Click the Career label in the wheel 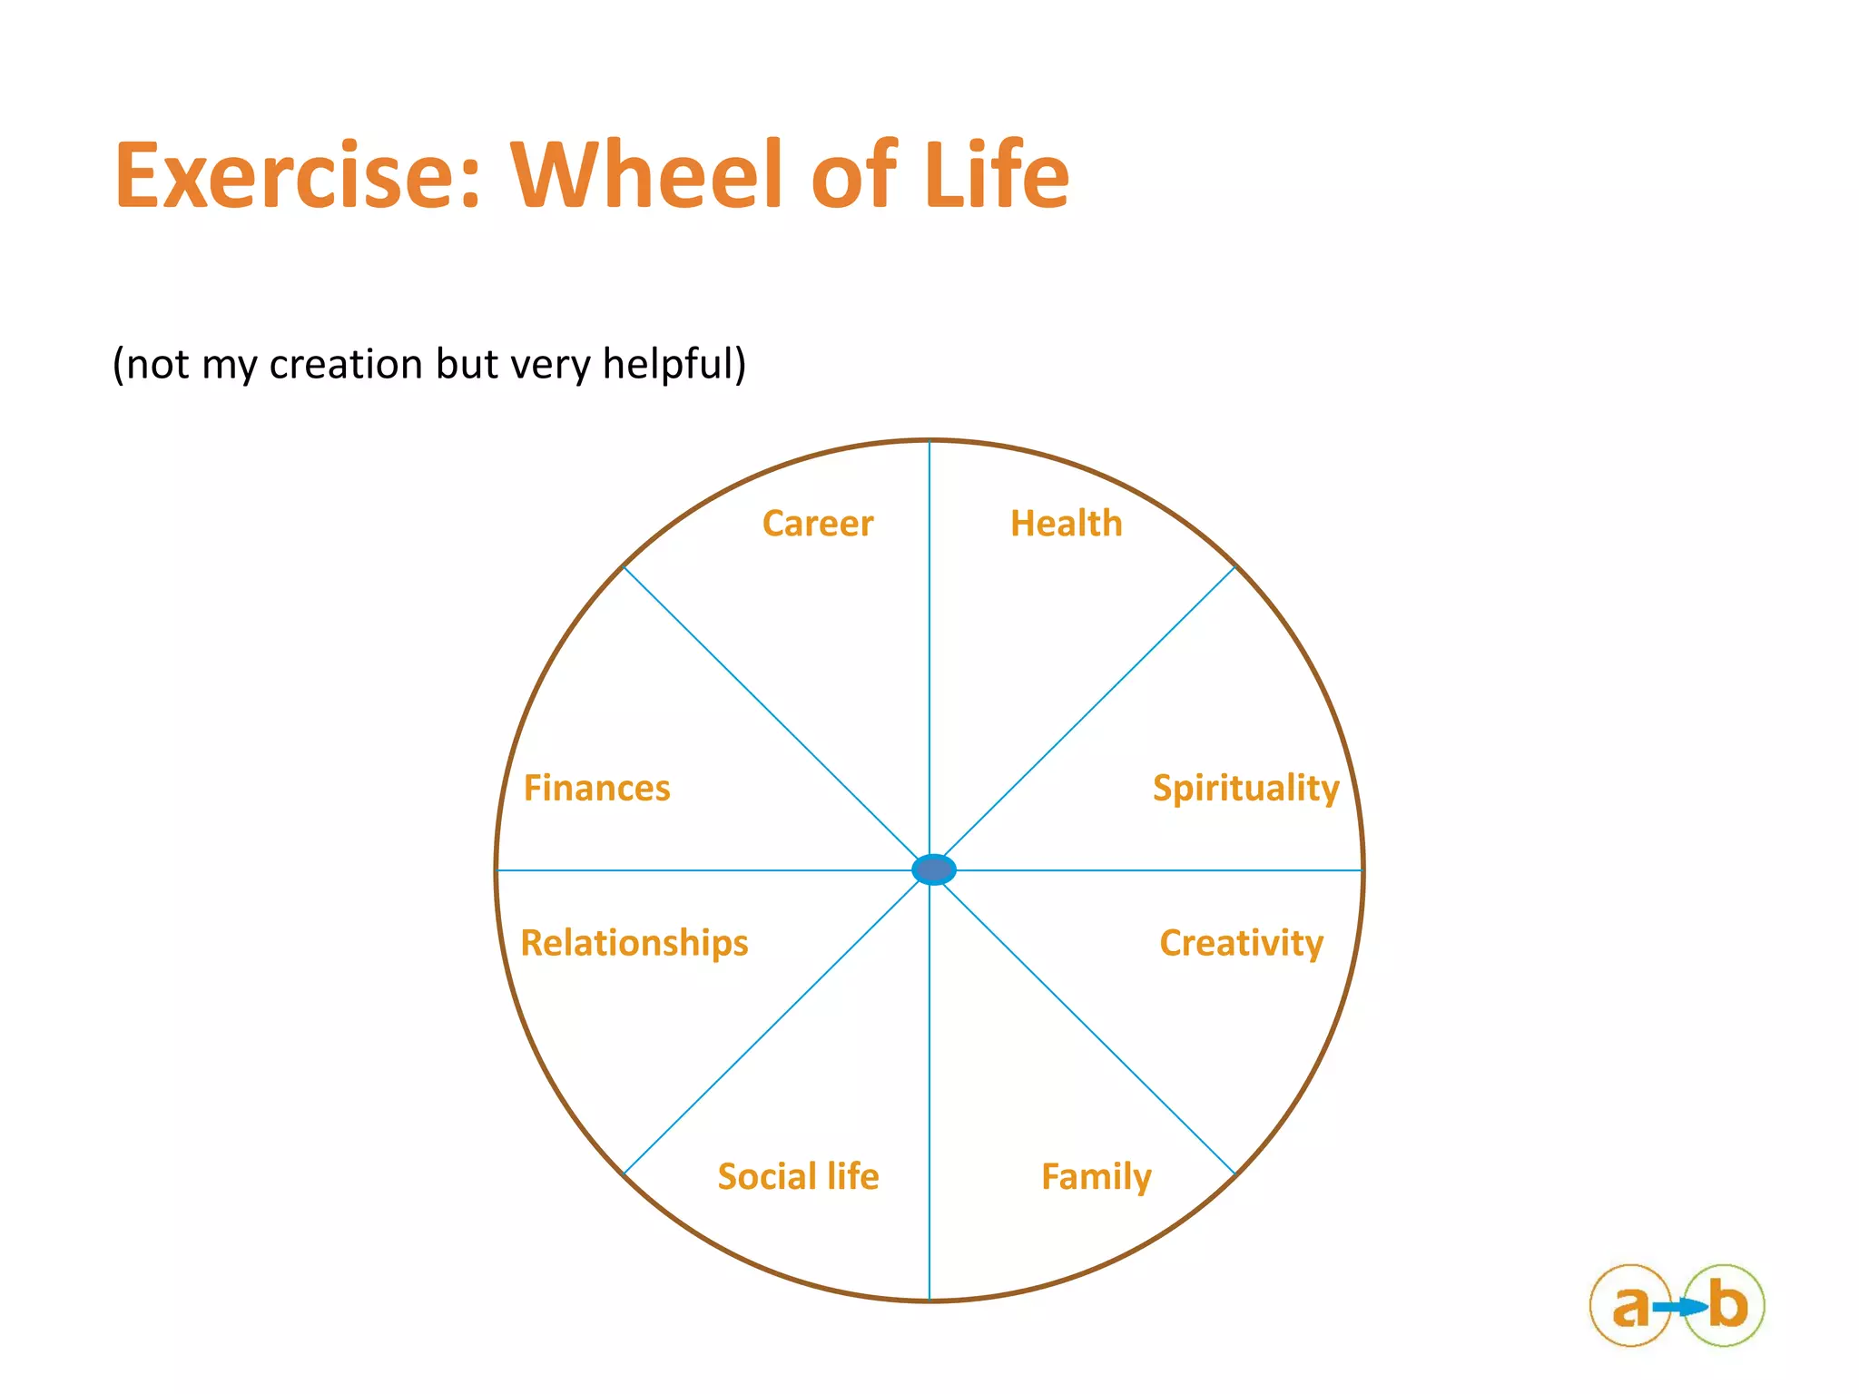pos(817,524)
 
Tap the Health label pos(1067,524)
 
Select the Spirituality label pos(1245,788)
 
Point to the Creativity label pos(1241,943)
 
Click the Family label pos(1096,1177)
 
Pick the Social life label pos(798,1176)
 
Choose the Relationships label pos(634,943)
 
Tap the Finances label pos(596,788)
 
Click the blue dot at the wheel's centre pos(933,869)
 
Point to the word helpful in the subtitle pos(674,365)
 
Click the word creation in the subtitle pos(346,364)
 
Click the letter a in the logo pos(1630,1307)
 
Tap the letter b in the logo pos(1727,1305)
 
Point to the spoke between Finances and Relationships pos(708,870)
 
